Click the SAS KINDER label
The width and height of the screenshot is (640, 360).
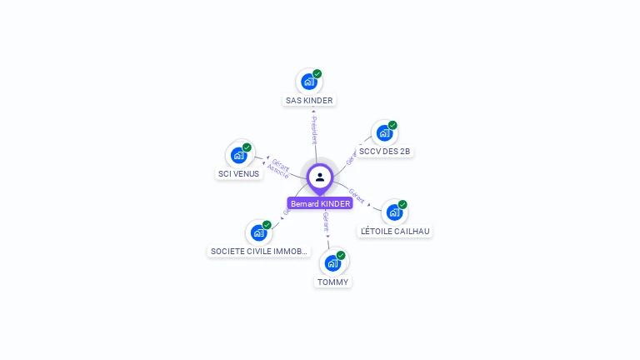tap(309, 101)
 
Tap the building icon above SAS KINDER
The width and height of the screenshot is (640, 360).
tap(309, 82)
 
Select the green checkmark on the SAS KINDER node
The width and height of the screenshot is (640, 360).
tap(317, 74)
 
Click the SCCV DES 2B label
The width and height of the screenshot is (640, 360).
tap(384, 152)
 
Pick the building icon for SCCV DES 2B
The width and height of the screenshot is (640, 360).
tap(384, 132)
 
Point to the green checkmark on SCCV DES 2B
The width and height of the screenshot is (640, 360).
tap(392, 125)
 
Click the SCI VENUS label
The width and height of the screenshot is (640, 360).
tap(238, 174)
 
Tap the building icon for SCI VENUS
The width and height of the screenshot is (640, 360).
tap(238, 155)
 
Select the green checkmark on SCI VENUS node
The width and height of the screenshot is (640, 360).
tap(247, 147)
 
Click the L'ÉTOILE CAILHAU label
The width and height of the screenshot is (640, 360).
tap(395, 231)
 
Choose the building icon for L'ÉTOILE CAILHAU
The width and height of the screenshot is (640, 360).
tap(394, 212)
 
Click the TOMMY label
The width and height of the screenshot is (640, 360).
tap(332, 282)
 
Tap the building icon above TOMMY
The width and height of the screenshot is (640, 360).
tap(332, 263)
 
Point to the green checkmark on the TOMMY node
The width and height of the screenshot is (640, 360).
tap(341, 255)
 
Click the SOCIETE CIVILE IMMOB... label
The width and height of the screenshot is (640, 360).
tap(259, 251)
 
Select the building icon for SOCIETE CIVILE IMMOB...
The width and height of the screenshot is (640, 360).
tap(258, 232)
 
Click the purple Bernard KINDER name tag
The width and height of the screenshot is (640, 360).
tap(320, 203)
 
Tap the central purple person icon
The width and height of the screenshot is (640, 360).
tap(320, 177)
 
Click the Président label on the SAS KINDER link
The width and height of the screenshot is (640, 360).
tap(314, 130)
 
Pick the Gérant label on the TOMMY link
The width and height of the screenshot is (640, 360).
tap(326, 222)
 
